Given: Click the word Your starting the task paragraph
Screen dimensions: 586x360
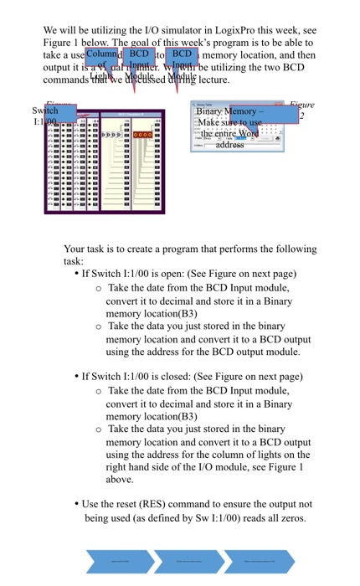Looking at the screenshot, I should (x=75, y=249).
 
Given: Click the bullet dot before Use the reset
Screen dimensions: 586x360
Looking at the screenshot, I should (x=77, y=504).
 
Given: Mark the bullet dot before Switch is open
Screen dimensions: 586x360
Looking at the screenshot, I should (x=77, y=274).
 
